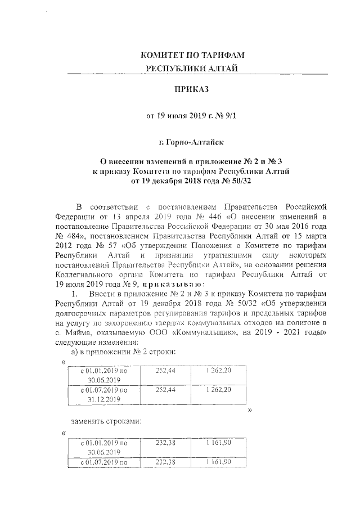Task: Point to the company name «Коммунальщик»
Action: point(202,332)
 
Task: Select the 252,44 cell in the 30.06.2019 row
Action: point(166,371)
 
